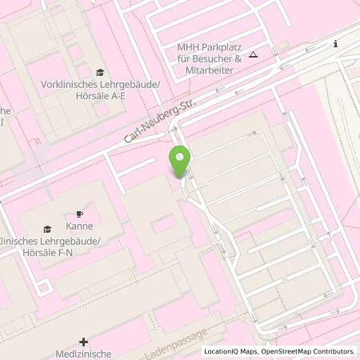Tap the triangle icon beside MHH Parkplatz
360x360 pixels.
253,54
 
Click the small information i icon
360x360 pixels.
336,44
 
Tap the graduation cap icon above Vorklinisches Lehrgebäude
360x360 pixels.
100,73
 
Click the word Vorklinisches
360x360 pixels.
68,84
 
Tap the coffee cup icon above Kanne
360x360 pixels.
79,214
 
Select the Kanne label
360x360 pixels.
79,226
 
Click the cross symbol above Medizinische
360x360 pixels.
84,342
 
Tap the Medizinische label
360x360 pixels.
84,354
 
